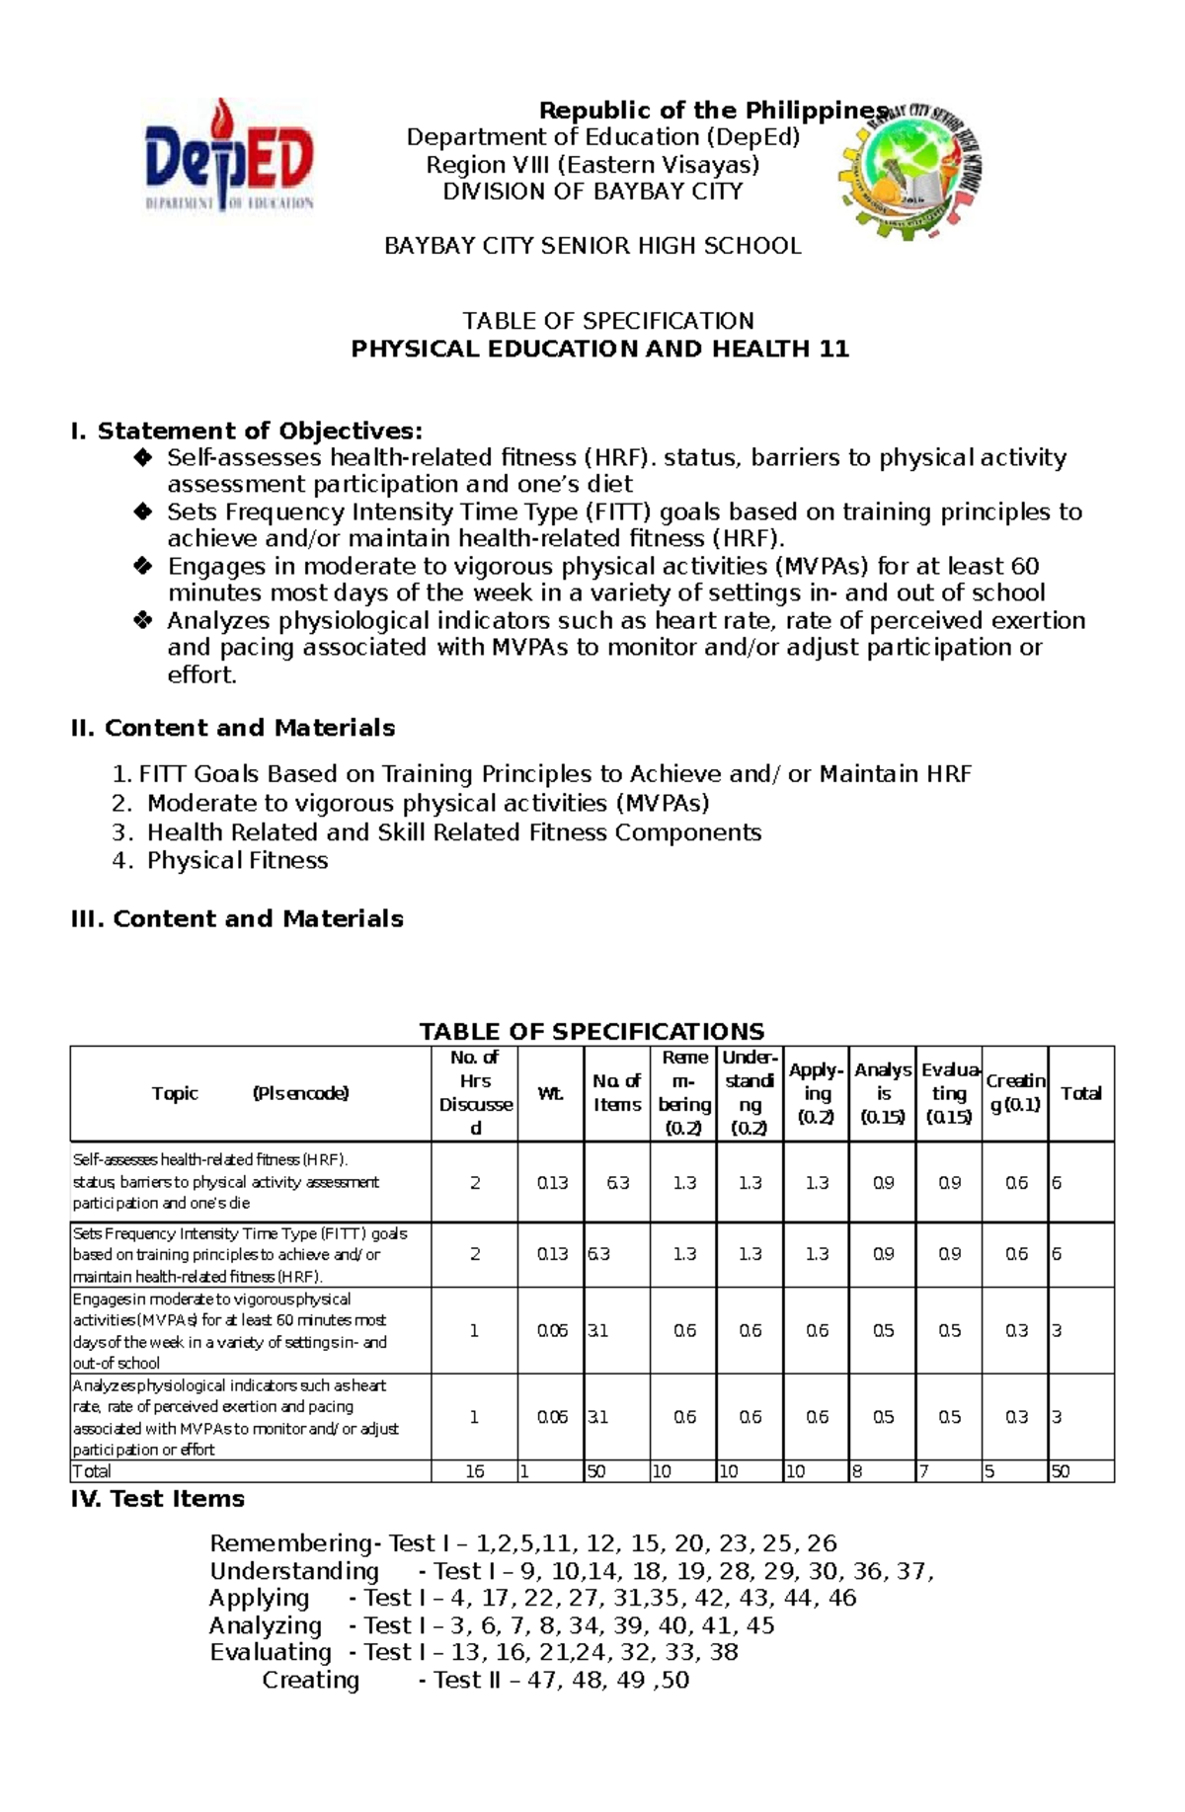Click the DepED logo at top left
pos(229,158)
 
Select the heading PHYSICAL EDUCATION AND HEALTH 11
pos(599,349)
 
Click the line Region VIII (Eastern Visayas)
pos(592,164)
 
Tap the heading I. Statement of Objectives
pos(247,431)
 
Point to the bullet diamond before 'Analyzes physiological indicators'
pos(143,620)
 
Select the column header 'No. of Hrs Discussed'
pos(475,1092)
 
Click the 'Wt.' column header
pos(550,1093)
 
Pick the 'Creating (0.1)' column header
pos(1015,1092)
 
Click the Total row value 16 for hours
pos(474,1471)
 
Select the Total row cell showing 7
pos(923,1471)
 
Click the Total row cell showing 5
pos(989,1471)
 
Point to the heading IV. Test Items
pos(158,1499)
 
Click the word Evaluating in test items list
pos(270,1652)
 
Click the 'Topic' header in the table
pos(175,1093)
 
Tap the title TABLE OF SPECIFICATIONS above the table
pos(592,1031)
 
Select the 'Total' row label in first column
pos(92,1471)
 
